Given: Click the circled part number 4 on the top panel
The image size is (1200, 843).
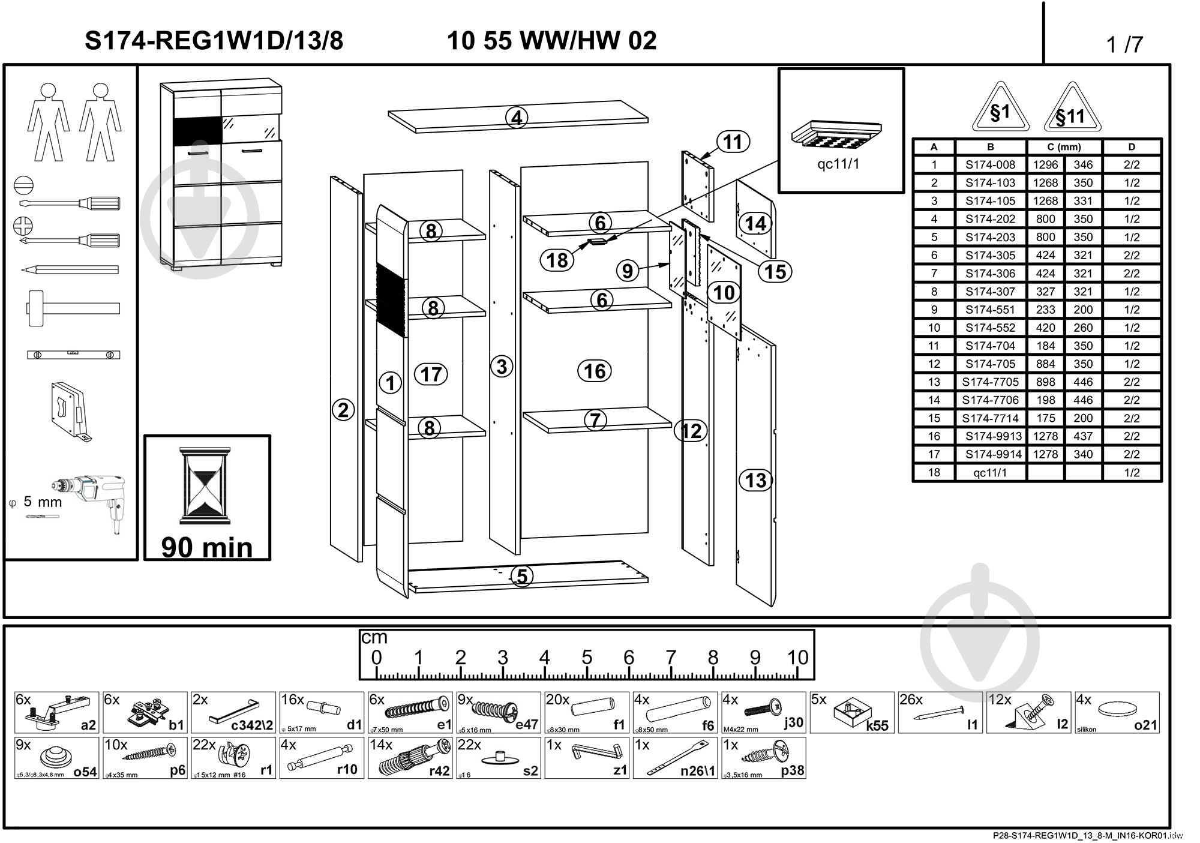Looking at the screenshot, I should tap(517, 118).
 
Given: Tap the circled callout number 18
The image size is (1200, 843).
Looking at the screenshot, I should tap(557, 260).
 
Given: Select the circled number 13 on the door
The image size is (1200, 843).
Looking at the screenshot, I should tap(755, 480).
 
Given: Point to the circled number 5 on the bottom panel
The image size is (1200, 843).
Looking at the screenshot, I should tap(522, 576).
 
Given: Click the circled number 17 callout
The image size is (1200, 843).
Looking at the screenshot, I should tap(431, 374).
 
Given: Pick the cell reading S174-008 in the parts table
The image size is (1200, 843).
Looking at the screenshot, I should tap(990, 165).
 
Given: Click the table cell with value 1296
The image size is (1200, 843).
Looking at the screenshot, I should tap(1045, 165).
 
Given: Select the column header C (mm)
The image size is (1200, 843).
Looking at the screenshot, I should tap(1064, 147).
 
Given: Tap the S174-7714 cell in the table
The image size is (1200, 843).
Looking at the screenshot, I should tap(990, 418).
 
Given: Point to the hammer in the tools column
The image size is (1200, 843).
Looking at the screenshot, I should tap(72, 308).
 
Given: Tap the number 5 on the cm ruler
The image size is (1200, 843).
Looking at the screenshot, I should tap(587, 658).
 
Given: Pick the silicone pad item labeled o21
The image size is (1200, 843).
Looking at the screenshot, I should tap(1117, 712).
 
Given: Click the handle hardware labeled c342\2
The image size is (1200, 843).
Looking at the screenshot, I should tap(233, 712).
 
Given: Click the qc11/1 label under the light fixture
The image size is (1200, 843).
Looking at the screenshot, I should tap(838, 164).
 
